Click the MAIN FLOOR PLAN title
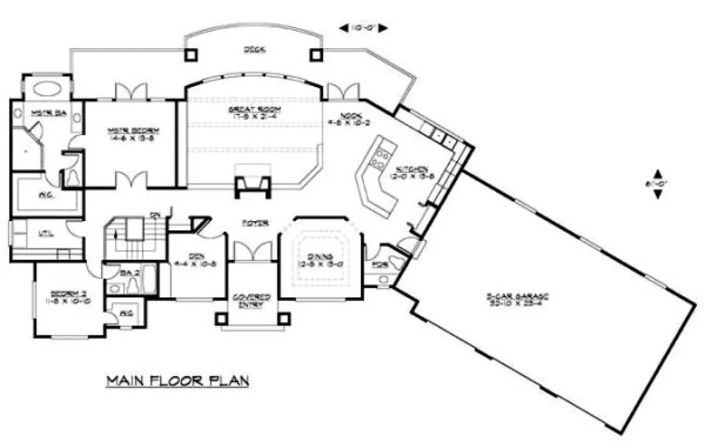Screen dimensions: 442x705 coord(178,381)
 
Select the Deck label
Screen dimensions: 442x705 coord(252,49)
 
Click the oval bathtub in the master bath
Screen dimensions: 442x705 coord(45,88)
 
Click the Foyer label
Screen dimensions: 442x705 coord(254,223)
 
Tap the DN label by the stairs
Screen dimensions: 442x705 coord(154,214)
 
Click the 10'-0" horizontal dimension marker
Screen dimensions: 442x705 coord(363,28)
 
